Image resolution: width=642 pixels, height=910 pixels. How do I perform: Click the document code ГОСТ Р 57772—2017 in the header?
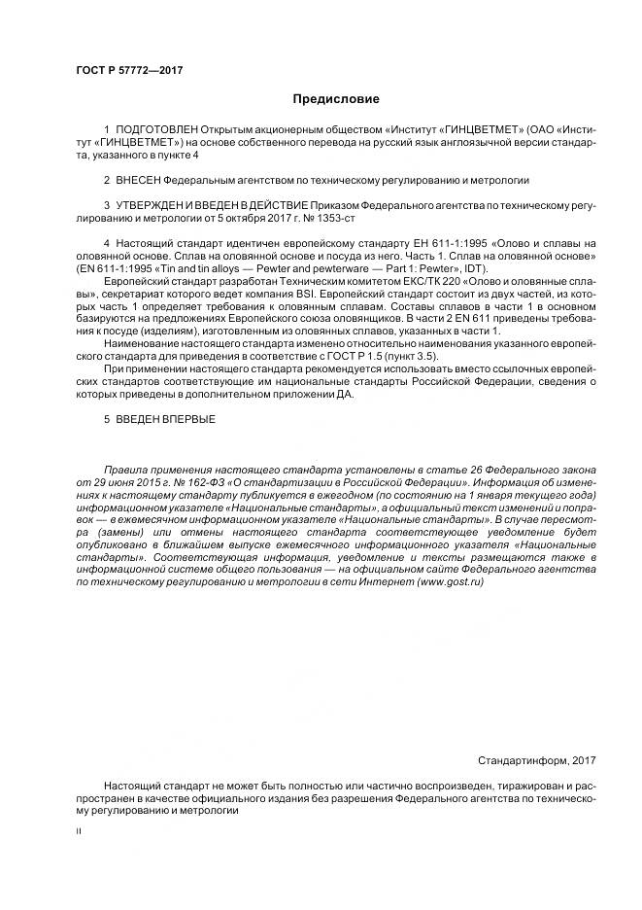[x=129, y=70]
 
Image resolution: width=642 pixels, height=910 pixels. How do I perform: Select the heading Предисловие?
[x=336, y=99]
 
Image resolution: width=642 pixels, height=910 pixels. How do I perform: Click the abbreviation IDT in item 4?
[x=480, y=268]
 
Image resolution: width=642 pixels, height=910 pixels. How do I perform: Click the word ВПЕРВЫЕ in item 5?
[x=187, y=419]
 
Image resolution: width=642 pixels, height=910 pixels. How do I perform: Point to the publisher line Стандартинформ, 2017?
[x=537, y=760]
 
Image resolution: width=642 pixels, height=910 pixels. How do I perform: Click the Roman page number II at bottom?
[x=79, y=832]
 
